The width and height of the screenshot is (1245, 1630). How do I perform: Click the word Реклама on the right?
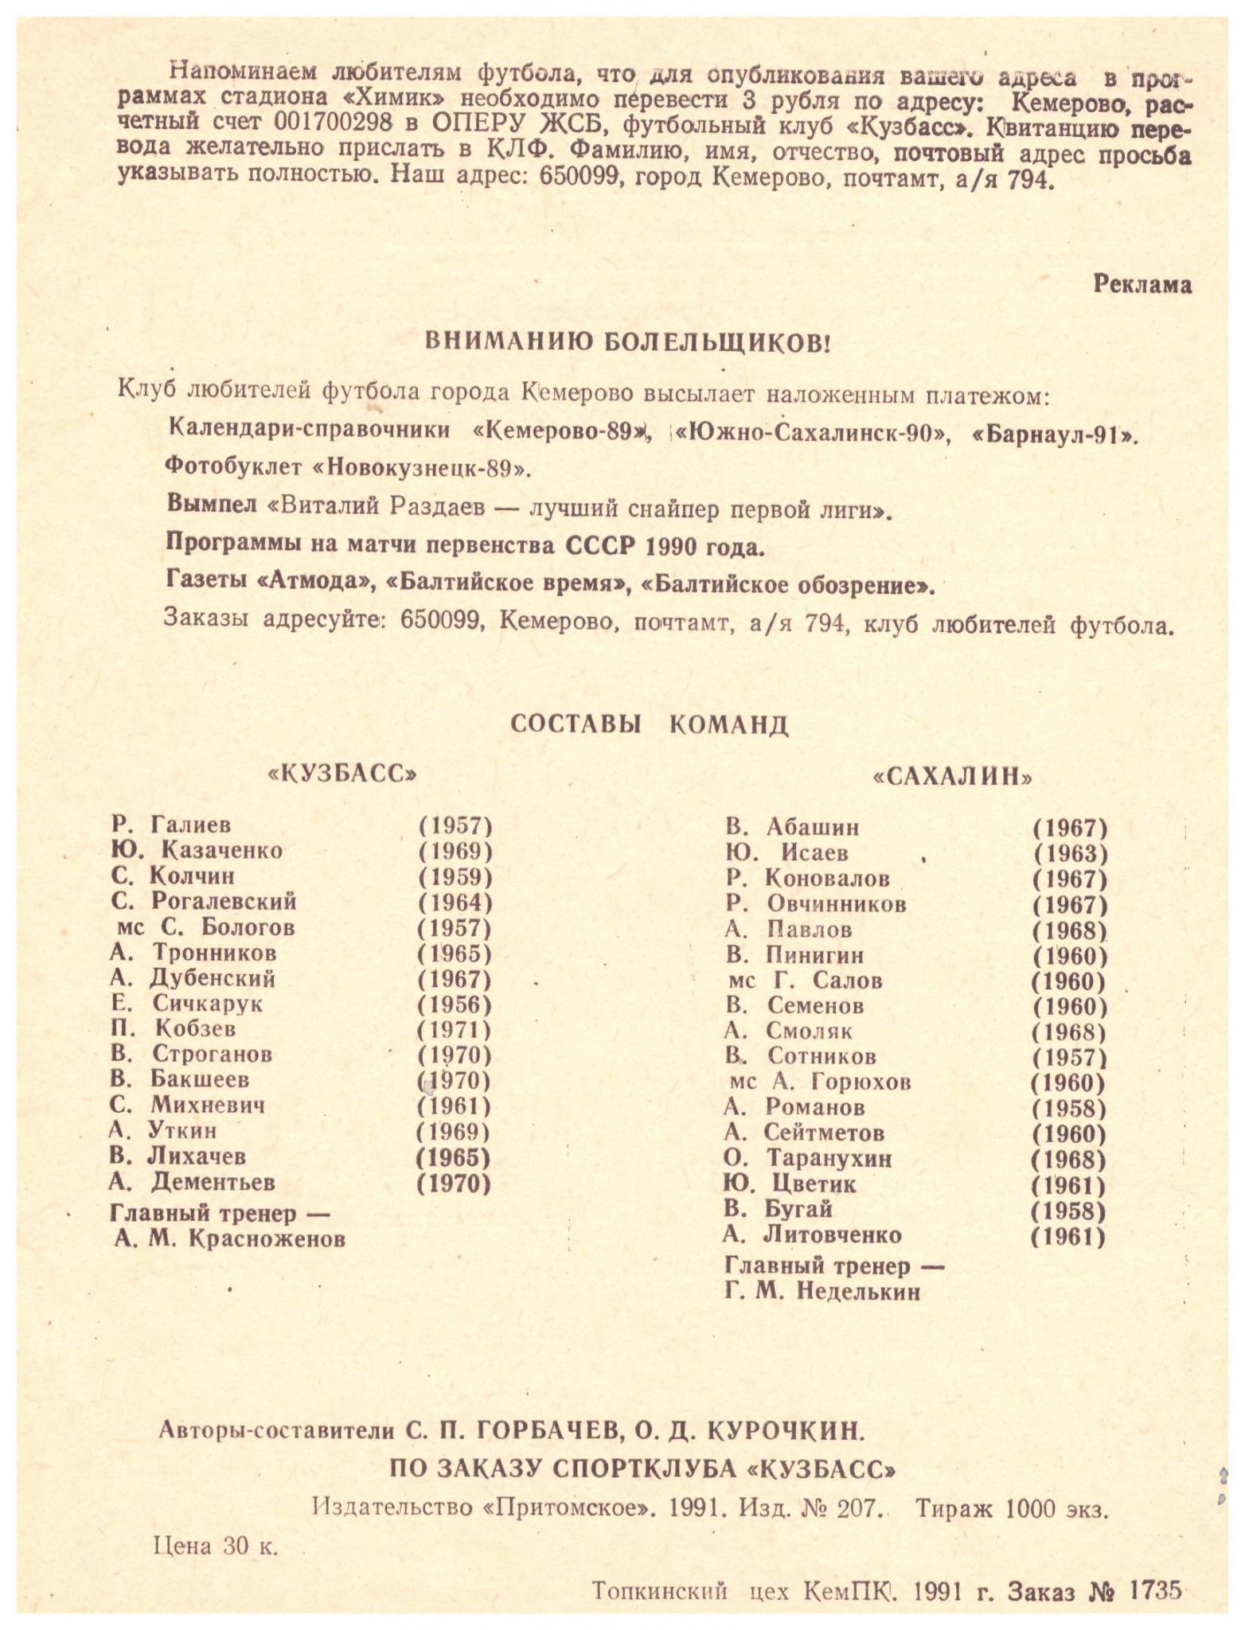click(1142, 285)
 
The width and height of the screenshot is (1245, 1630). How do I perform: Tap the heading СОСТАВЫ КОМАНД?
click(649, 724)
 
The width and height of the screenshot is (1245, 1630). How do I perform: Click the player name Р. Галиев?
click(172, 825)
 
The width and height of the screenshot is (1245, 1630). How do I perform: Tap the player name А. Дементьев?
click(192, 1182)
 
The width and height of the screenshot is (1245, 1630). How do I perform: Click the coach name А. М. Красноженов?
click(229, 1238)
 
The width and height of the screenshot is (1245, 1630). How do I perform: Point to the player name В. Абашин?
click(792, 827)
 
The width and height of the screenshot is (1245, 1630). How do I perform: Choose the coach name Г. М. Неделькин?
click(822, 1291)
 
